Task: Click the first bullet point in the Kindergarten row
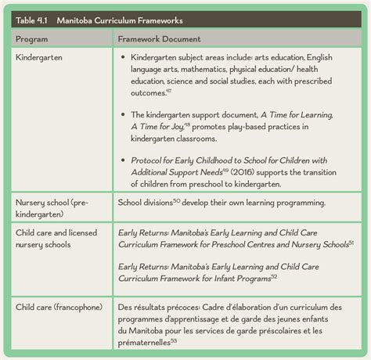click(124, 58)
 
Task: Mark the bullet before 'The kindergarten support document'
click(124, 114)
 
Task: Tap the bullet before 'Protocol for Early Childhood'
click(124, 159)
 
